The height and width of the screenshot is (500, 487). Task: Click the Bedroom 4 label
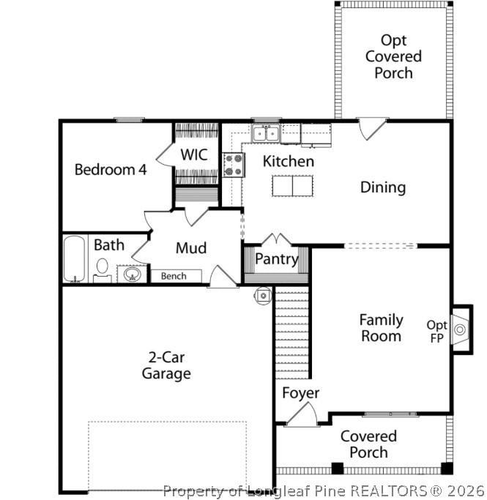(111, 170)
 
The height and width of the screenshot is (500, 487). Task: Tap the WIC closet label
(195, 155)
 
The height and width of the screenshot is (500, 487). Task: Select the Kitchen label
(289, 161)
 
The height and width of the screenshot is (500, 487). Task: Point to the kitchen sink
(264, 133)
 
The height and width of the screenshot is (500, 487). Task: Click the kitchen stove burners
(234, 164)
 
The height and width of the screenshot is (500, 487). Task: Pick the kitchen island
(292, 186)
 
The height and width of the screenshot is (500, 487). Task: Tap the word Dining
(382, 187)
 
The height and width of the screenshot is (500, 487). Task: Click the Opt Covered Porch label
(393, 56)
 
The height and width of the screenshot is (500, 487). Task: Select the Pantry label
(276, 259)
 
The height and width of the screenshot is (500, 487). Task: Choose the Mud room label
(190, 248)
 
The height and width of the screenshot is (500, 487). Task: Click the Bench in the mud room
(174, 276)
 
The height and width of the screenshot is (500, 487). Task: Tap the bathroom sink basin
(133, 275)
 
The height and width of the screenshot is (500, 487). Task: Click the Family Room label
(381, 328)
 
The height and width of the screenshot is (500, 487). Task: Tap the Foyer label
(301, 393)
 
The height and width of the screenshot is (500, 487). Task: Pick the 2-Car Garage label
(166, 365)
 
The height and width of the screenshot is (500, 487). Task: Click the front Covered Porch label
(368, 444)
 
